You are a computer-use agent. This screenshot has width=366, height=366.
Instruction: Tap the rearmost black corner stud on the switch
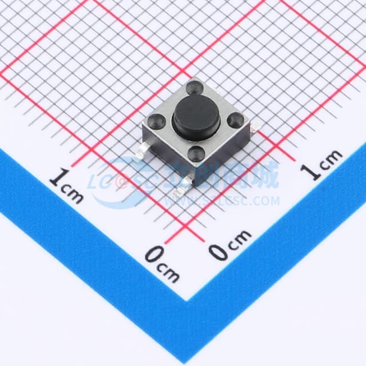195,88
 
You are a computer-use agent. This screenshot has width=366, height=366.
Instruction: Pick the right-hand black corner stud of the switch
236,121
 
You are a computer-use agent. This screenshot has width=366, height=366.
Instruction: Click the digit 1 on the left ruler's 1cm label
57,178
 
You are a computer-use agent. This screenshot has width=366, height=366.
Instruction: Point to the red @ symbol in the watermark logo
120,182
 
